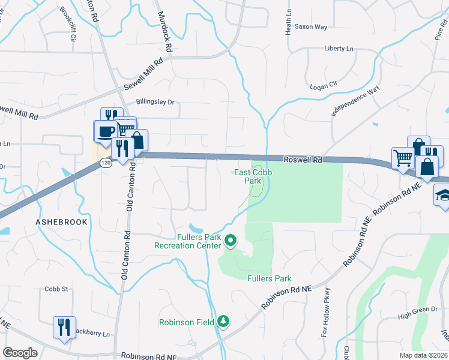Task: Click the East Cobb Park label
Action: (x=247, y=176)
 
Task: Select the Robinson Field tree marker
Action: (x=223, y=322)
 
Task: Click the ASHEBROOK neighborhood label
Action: (x=61, y=221)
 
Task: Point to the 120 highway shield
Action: (x=106, y=163)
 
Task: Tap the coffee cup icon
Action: (x=106, y=131)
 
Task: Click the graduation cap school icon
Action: (x=442, y=196)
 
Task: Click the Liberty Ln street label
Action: (x=339, y=48)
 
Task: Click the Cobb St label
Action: (x=56, y=289)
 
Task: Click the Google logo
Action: (x=20, y=353)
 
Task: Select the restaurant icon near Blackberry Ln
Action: (x=64, y=327)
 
